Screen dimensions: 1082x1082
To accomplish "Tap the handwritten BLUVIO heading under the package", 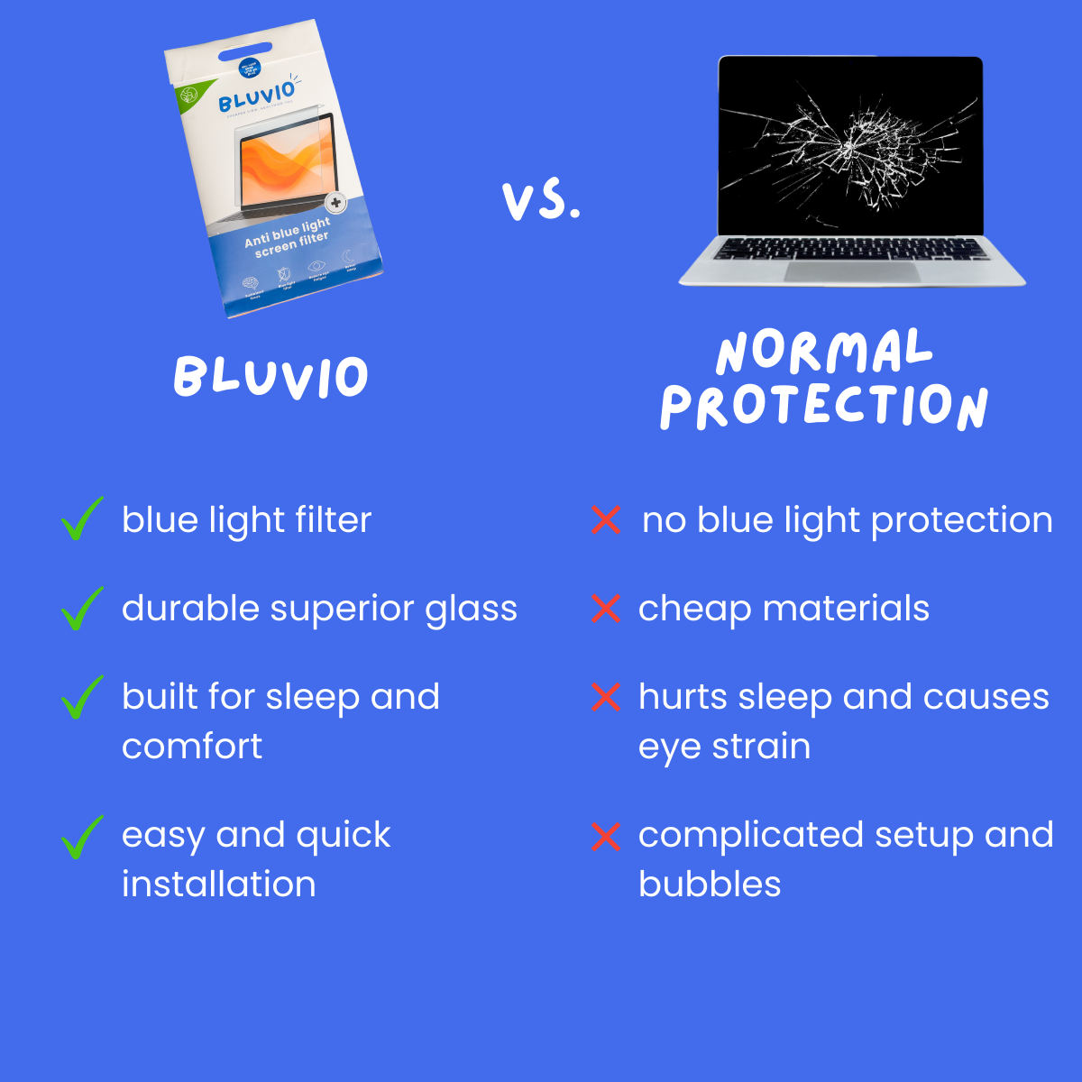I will pos(270,377).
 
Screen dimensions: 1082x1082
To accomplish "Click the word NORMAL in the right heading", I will pos(823,352).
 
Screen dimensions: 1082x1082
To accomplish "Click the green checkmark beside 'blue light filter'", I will pos(81,519).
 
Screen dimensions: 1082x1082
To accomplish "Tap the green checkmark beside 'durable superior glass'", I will pos(81,609).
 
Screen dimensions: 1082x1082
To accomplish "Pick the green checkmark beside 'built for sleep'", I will pos(81,697).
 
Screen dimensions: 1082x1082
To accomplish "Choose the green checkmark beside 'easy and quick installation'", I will pos(81,836).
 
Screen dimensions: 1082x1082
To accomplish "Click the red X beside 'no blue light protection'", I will pos(606,520).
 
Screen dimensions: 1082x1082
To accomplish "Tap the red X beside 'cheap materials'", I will pos(606,609).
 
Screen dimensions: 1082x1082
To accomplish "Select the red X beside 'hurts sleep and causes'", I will pos(606,697).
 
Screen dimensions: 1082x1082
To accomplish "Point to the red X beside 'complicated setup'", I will pos(606,836).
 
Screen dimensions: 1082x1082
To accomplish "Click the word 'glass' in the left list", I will pos(471,610).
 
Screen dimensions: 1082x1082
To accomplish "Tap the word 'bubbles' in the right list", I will pos(710,885).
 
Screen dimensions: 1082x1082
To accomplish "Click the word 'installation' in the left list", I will pos(219,885).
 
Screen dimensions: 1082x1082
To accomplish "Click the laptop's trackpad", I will pos(852,271).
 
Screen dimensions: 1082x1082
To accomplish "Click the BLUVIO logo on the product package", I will pos(257,97).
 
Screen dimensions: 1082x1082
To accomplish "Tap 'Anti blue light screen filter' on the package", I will pos(289,237).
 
